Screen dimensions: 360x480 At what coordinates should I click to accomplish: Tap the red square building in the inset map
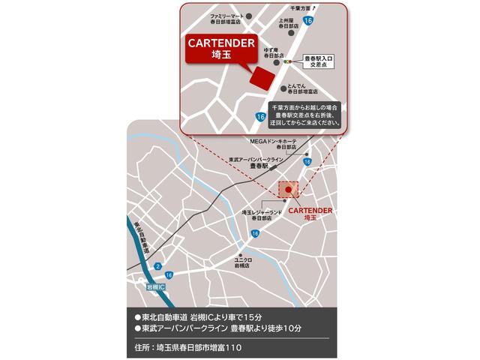tap(262, 76)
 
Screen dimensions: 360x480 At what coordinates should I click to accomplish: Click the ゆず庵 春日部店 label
tap(274, 52)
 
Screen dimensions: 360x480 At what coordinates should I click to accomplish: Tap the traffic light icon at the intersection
tap(286, 61)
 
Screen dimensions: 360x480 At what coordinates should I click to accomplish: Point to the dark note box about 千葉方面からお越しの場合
tap(303, 115)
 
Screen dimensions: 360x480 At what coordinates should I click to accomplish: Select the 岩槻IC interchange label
tap(156, 287)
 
